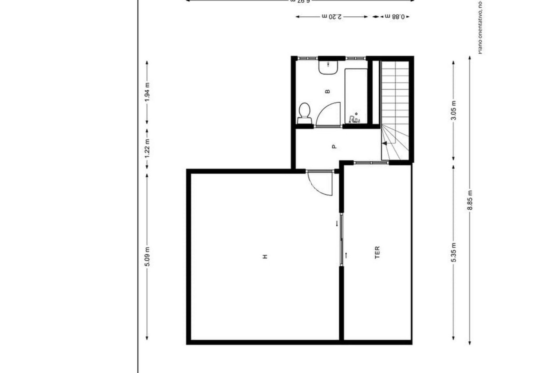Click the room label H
pyautogui.click(x=265, y=256)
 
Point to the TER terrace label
pyautogui.click(x=377, y=252)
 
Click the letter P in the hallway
pyautogui.click(x=335, y=146)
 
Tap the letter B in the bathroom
pyautogui.click(x=328, y=92)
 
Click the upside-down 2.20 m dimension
pyautogui.click(x=332, y=17)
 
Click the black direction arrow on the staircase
pyautogui.click(x=384, y=143)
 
